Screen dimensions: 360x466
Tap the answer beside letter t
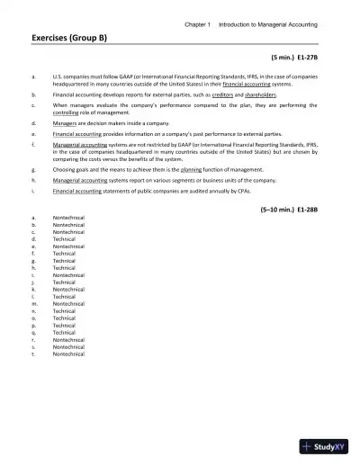pyautogui.click(x=68, y=354)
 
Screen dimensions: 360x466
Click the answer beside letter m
pyautogui.click(x=68, y=303)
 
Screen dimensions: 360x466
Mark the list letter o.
pyautogui.click(x=32, y=318)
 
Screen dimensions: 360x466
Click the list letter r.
pyautogui.click(x=32, y=339)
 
